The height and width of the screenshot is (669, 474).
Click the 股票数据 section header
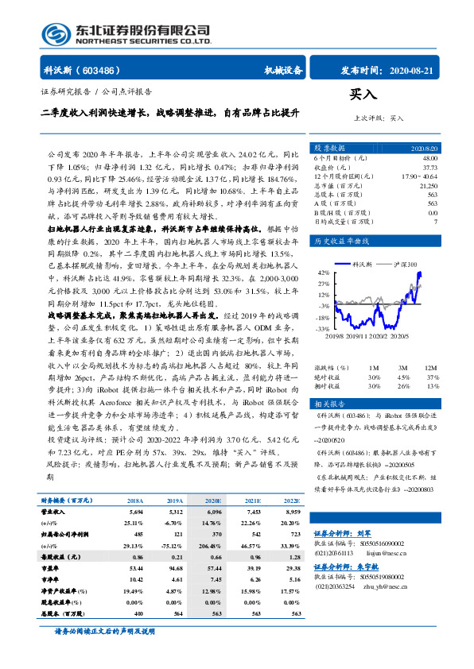[x=329, y=148]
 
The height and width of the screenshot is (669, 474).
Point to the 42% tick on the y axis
[x=324, y=271]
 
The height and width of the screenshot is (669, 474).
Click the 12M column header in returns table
[x=432, y=368]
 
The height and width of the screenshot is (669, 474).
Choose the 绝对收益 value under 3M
[x=403, y=377]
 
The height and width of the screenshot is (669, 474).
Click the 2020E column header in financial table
[x=214, y=501]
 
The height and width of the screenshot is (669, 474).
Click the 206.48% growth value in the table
[x=211, y=547]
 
